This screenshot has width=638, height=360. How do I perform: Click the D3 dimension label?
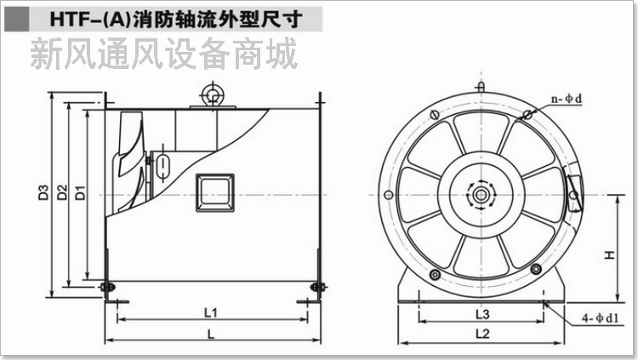coord(43,192)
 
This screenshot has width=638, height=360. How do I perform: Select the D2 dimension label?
coord(62,192)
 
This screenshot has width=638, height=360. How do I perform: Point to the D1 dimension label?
coord(81,192)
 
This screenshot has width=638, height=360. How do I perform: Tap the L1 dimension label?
coord(211,312)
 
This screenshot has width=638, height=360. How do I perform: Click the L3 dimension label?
coord(482,314)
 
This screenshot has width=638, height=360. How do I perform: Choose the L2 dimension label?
coord(482,334)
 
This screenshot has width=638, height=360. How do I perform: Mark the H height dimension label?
coord(609,254)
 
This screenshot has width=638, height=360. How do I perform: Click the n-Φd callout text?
coord(567,99)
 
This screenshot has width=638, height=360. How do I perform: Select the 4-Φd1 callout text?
coord(601,318)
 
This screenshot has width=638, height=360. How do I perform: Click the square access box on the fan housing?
coord(215,192)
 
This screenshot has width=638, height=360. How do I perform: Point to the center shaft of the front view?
coord(481,195)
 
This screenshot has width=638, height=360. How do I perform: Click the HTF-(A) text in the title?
coord(90,19)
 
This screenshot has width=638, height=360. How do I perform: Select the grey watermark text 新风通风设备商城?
coord(163,53)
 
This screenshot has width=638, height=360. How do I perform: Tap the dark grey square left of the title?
coord(16,19)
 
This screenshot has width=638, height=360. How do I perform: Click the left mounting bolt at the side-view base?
coord(108,287)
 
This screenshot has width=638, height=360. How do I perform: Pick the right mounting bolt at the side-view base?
coord(319,287)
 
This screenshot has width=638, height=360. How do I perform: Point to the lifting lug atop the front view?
coord(481,87)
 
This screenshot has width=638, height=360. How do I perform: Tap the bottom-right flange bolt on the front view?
coord(536,269)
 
